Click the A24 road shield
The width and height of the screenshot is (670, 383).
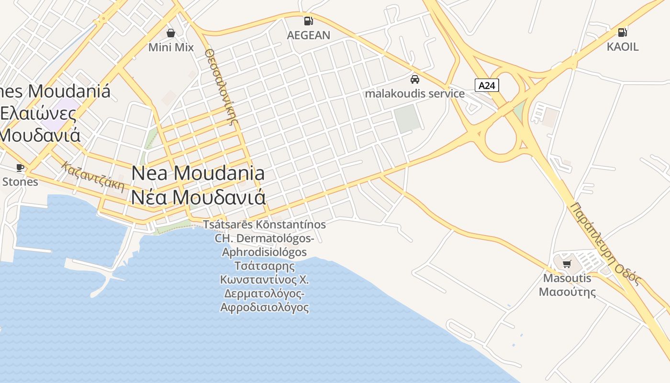point(487,85)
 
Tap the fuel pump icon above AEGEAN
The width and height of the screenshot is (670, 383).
point(308,21)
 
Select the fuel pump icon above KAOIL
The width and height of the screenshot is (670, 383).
point(622,32)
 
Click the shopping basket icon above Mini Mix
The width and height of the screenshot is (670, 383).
point(170,33)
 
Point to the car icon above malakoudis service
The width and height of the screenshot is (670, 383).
point(414,79)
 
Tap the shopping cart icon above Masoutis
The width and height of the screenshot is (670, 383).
point(567,264)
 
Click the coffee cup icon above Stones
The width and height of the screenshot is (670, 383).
point(20,168)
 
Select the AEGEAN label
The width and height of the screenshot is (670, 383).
point(308,35)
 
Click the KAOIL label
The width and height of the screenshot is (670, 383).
point(622,47)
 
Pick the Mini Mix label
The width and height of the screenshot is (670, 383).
point(171,47)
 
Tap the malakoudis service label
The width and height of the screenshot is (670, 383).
point(414,93)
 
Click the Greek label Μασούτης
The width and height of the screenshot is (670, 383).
point(567,292)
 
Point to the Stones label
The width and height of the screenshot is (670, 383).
point(20,182)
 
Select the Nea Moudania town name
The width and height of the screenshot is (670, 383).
point(198,173)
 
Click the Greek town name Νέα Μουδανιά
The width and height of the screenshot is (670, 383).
point(198,197)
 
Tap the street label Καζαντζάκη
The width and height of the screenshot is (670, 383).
point(93,177)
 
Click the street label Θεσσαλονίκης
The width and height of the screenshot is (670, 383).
point(221,86)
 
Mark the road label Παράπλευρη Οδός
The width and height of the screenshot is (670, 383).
point(605,243)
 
